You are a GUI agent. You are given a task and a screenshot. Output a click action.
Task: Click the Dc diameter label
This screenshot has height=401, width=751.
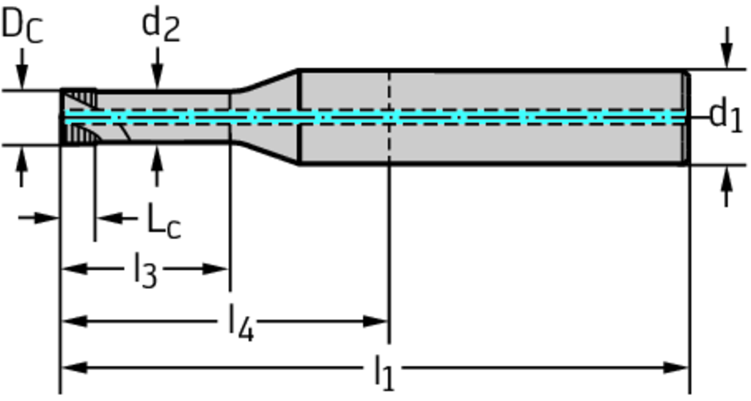[21, 26]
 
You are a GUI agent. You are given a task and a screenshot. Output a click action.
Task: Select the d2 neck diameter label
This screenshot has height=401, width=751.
[160, 26]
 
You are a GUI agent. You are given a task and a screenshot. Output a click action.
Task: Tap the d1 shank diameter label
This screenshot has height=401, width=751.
[725, 116]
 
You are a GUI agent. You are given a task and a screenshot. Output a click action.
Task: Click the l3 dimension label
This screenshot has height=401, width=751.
[145, 272]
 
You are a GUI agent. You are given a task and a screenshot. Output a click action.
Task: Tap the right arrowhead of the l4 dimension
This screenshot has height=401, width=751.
[376, 321]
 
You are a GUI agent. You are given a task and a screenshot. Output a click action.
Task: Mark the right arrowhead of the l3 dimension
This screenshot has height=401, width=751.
[219, 268]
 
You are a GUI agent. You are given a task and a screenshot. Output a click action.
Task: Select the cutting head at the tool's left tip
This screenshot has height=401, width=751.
[78, 117]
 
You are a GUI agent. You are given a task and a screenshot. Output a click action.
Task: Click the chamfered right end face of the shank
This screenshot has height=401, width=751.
[686, 117]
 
